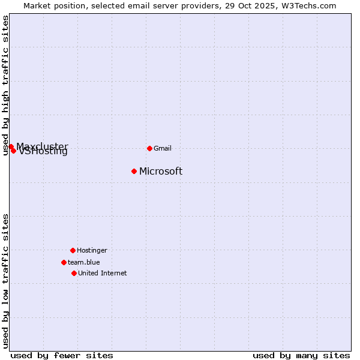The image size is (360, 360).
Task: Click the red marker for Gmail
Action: (149, 148)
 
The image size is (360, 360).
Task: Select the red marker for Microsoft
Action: (134, 171)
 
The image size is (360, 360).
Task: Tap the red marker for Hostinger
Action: (73, 250)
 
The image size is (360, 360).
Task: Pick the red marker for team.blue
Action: (64, 262)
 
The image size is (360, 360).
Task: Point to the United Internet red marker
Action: (74, 273)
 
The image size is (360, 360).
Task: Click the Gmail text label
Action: (163, 148)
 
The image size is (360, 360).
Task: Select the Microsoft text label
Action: (161, 172)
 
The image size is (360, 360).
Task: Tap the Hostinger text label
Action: (92, 250)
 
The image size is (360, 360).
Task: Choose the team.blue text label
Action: (84, 262)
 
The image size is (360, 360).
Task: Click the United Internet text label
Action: (103, 273)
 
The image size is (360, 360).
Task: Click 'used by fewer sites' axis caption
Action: (62, 355)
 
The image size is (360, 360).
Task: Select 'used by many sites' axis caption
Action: (301, 355)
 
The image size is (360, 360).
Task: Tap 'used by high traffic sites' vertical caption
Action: (5, 85)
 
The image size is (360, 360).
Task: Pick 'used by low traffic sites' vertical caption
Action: (5, 281)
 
